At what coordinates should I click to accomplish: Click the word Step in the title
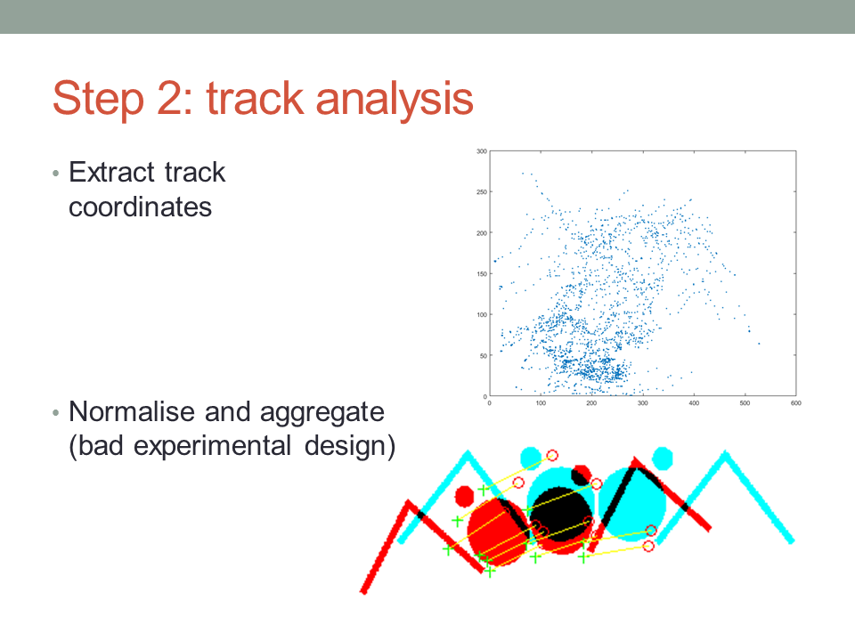point(99,99)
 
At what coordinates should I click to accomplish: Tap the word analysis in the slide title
point(395,99)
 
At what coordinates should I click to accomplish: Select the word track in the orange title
point(255,98)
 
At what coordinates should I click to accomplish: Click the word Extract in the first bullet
point(112,172)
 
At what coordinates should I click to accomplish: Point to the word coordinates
point(140,207)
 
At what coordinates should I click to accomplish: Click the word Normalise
point(132,411)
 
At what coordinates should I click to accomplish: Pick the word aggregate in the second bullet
point(322,413)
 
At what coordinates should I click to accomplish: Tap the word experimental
point(212,447)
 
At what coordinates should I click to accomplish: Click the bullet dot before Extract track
point(55,174)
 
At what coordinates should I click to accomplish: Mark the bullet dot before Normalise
point(55,413)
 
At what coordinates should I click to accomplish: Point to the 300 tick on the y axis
point(482,151)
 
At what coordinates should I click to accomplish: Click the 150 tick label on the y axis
point(482,273)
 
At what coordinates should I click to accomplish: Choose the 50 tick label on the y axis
point(483,355)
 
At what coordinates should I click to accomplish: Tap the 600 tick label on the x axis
point(796,403)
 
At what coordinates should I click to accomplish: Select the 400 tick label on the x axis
point(694,403)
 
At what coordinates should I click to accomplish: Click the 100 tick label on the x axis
point(541,403)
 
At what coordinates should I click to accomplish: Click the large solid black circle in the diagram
point(560,514)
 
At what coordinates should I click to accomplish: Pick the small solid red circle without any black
point(465,496)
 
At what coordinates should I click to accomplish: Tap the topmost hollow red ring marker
point(552,455)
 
